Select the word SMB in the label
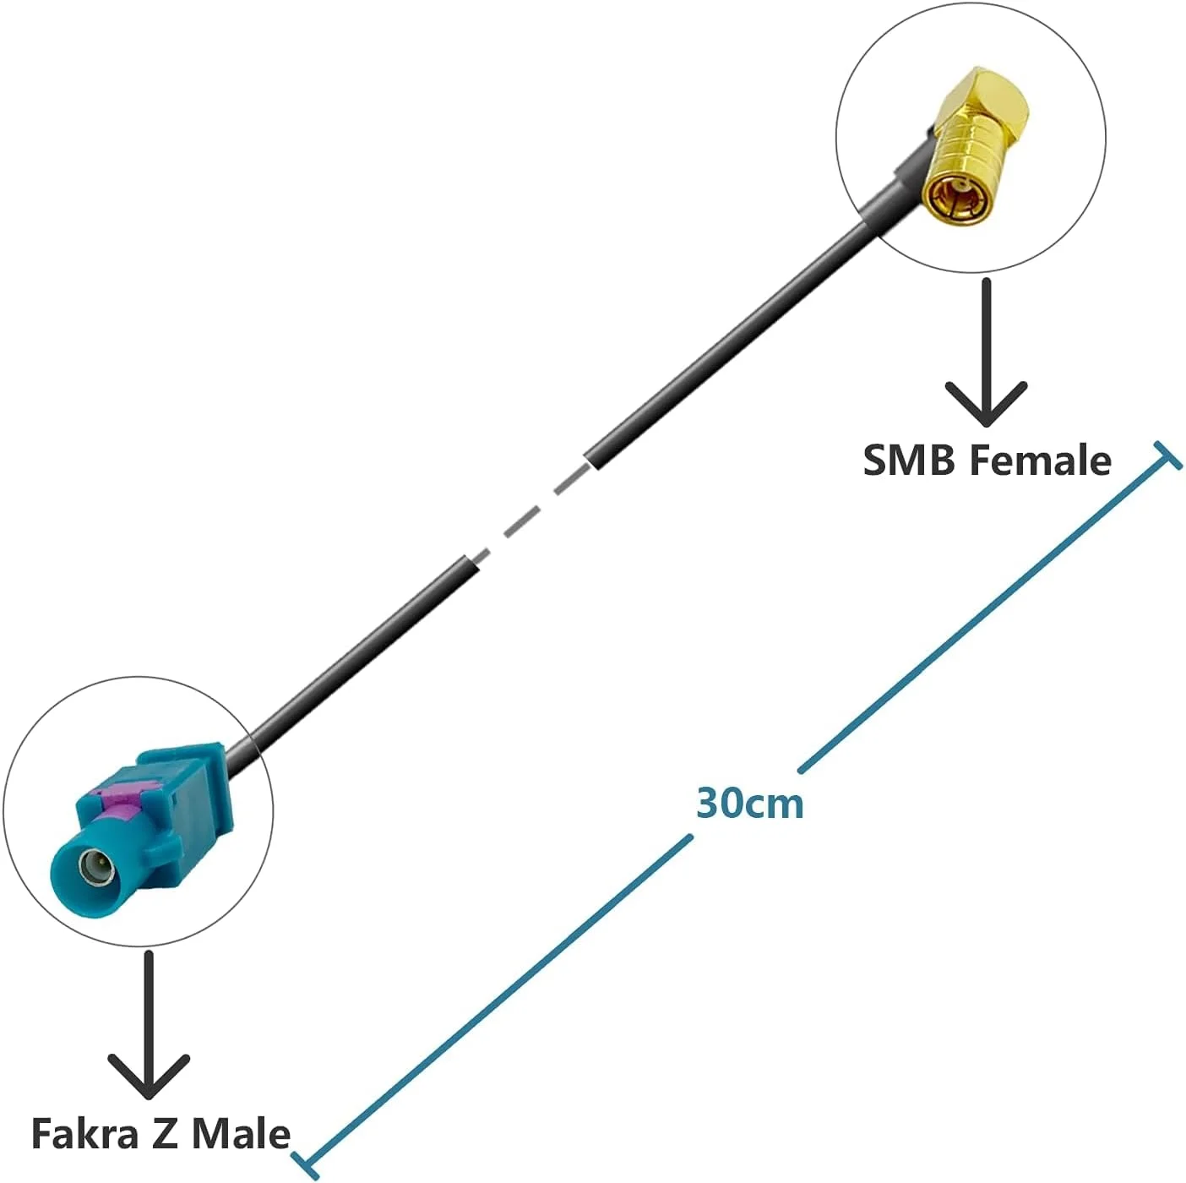tap(909, 461)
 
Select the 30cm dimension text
tap(749, 803)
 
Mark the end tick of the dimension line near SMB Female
tap(1167, 456)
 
